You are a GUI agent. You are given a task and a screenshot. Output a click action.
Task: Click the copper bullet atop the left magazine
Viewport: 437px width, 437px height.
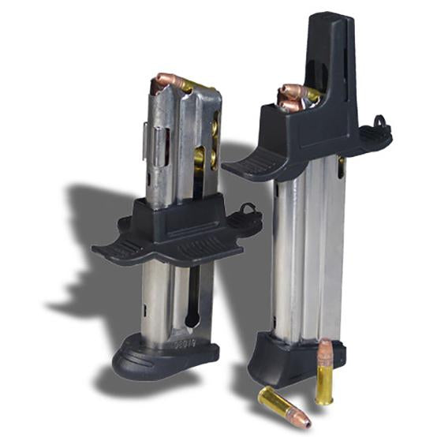click(x=168, y=80)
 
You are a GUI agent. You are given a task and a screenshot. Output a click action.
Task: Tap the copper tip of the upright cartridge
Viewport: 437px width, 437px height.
click(x=327, y=349)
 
